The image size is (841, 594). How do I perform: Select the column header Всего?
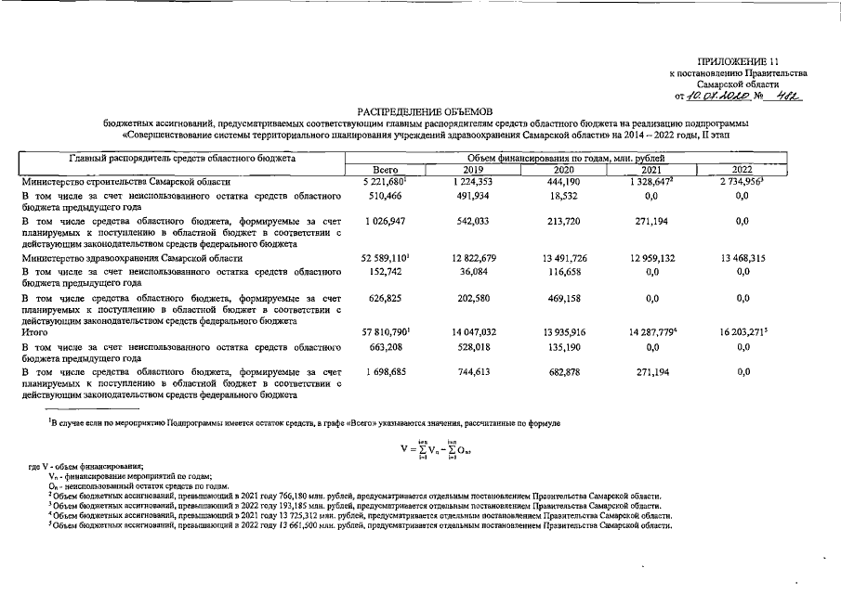[385, 171]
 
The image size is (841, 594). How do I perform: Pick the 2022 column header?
[742, 171]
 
